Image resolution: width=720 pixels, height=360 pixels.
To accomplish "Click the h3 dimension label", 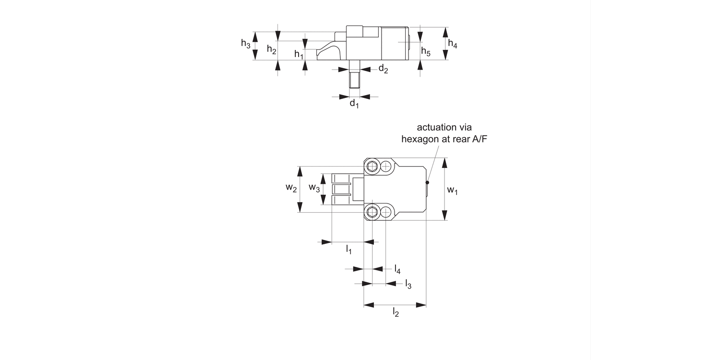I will (246, 44).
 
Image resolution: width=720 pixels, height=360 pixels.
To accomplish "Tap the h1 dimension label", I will (299, 54).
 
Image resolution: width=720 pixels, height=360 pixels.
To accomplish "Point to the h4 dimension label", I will (453, 44).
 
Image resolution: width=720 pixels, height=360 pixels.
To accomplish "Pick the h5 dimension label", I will (426, 52).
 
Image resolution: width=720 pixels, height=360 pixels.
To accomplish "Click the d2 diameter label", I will (383, 69).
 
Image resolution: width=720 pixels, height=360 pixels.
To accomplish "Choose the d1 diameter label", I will (354, 104).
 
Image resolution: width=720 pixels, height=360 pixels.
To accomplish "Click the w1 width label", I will (452, 191).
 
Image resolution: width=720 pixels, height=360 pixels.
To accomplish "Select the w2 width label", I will (291, 188).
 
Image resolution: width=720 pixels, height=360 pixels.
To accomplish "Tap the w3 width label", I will (314, 188).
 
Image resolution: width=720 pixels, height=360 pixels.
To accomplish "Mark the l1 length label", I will (349, 249).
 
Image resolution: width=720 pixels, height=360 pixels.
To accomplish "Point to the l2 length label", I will (396, 312).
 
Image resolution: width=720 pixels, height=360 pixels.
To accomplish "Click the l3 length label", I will (408, 284).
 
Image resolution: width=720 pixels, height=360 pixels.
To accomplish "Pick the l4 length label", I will (397, 269).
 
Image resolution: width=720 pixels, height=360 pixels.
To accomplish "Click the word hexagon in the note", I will (420, 139).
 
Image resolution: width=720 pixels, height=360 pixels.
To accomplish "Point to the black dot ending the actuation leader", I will (427, 182).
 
